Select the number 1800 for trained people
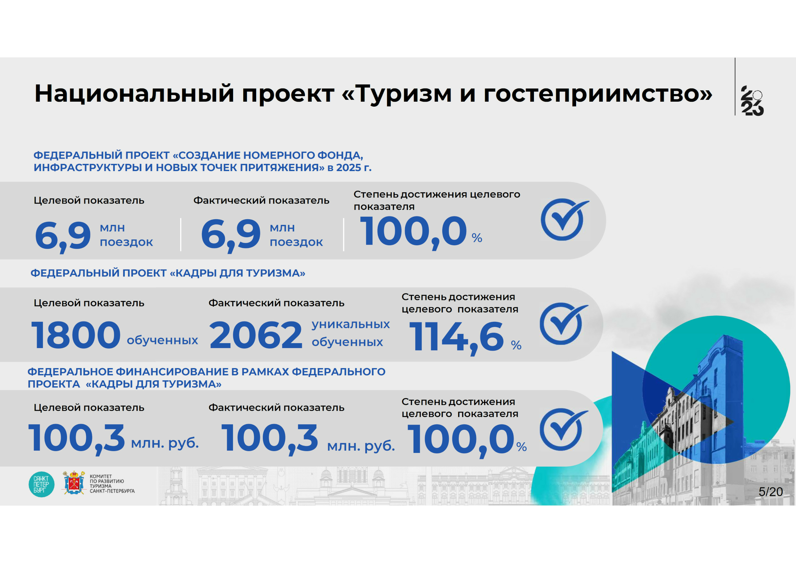click(x=76, y=335)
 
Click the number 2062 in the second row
click(x=256, y=335)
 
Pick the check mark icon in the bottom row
click(x=563, y=429)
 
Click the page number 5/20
click(x=771, y=492)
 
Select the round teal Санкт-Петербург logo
click(x=41, y=484)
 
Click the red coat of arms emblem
click(x=74, y=482)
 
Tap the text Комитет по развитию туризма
click(x=112, y=484)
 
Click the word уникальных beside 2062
click(x=351, y=324)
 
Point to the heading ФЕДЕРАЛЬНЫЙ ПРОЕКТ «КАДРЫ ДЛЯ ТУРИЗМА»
click(x=168, y=273)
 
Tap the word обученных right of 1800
click(x=162, y=340)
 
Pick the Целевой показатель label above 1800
click(x=89, y=303)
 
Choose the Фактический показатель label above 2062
click(x=276, y=303)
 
